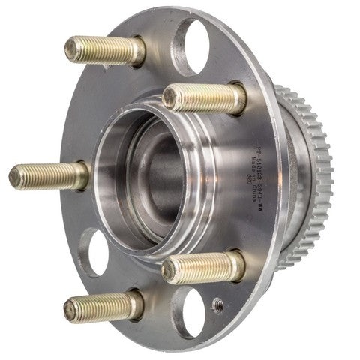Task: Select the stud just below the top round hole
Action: tap(202, 97)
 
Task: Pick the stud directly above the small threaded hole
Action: tap(202, 267)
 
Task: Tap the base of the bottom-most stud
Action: tap(136, 304)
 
